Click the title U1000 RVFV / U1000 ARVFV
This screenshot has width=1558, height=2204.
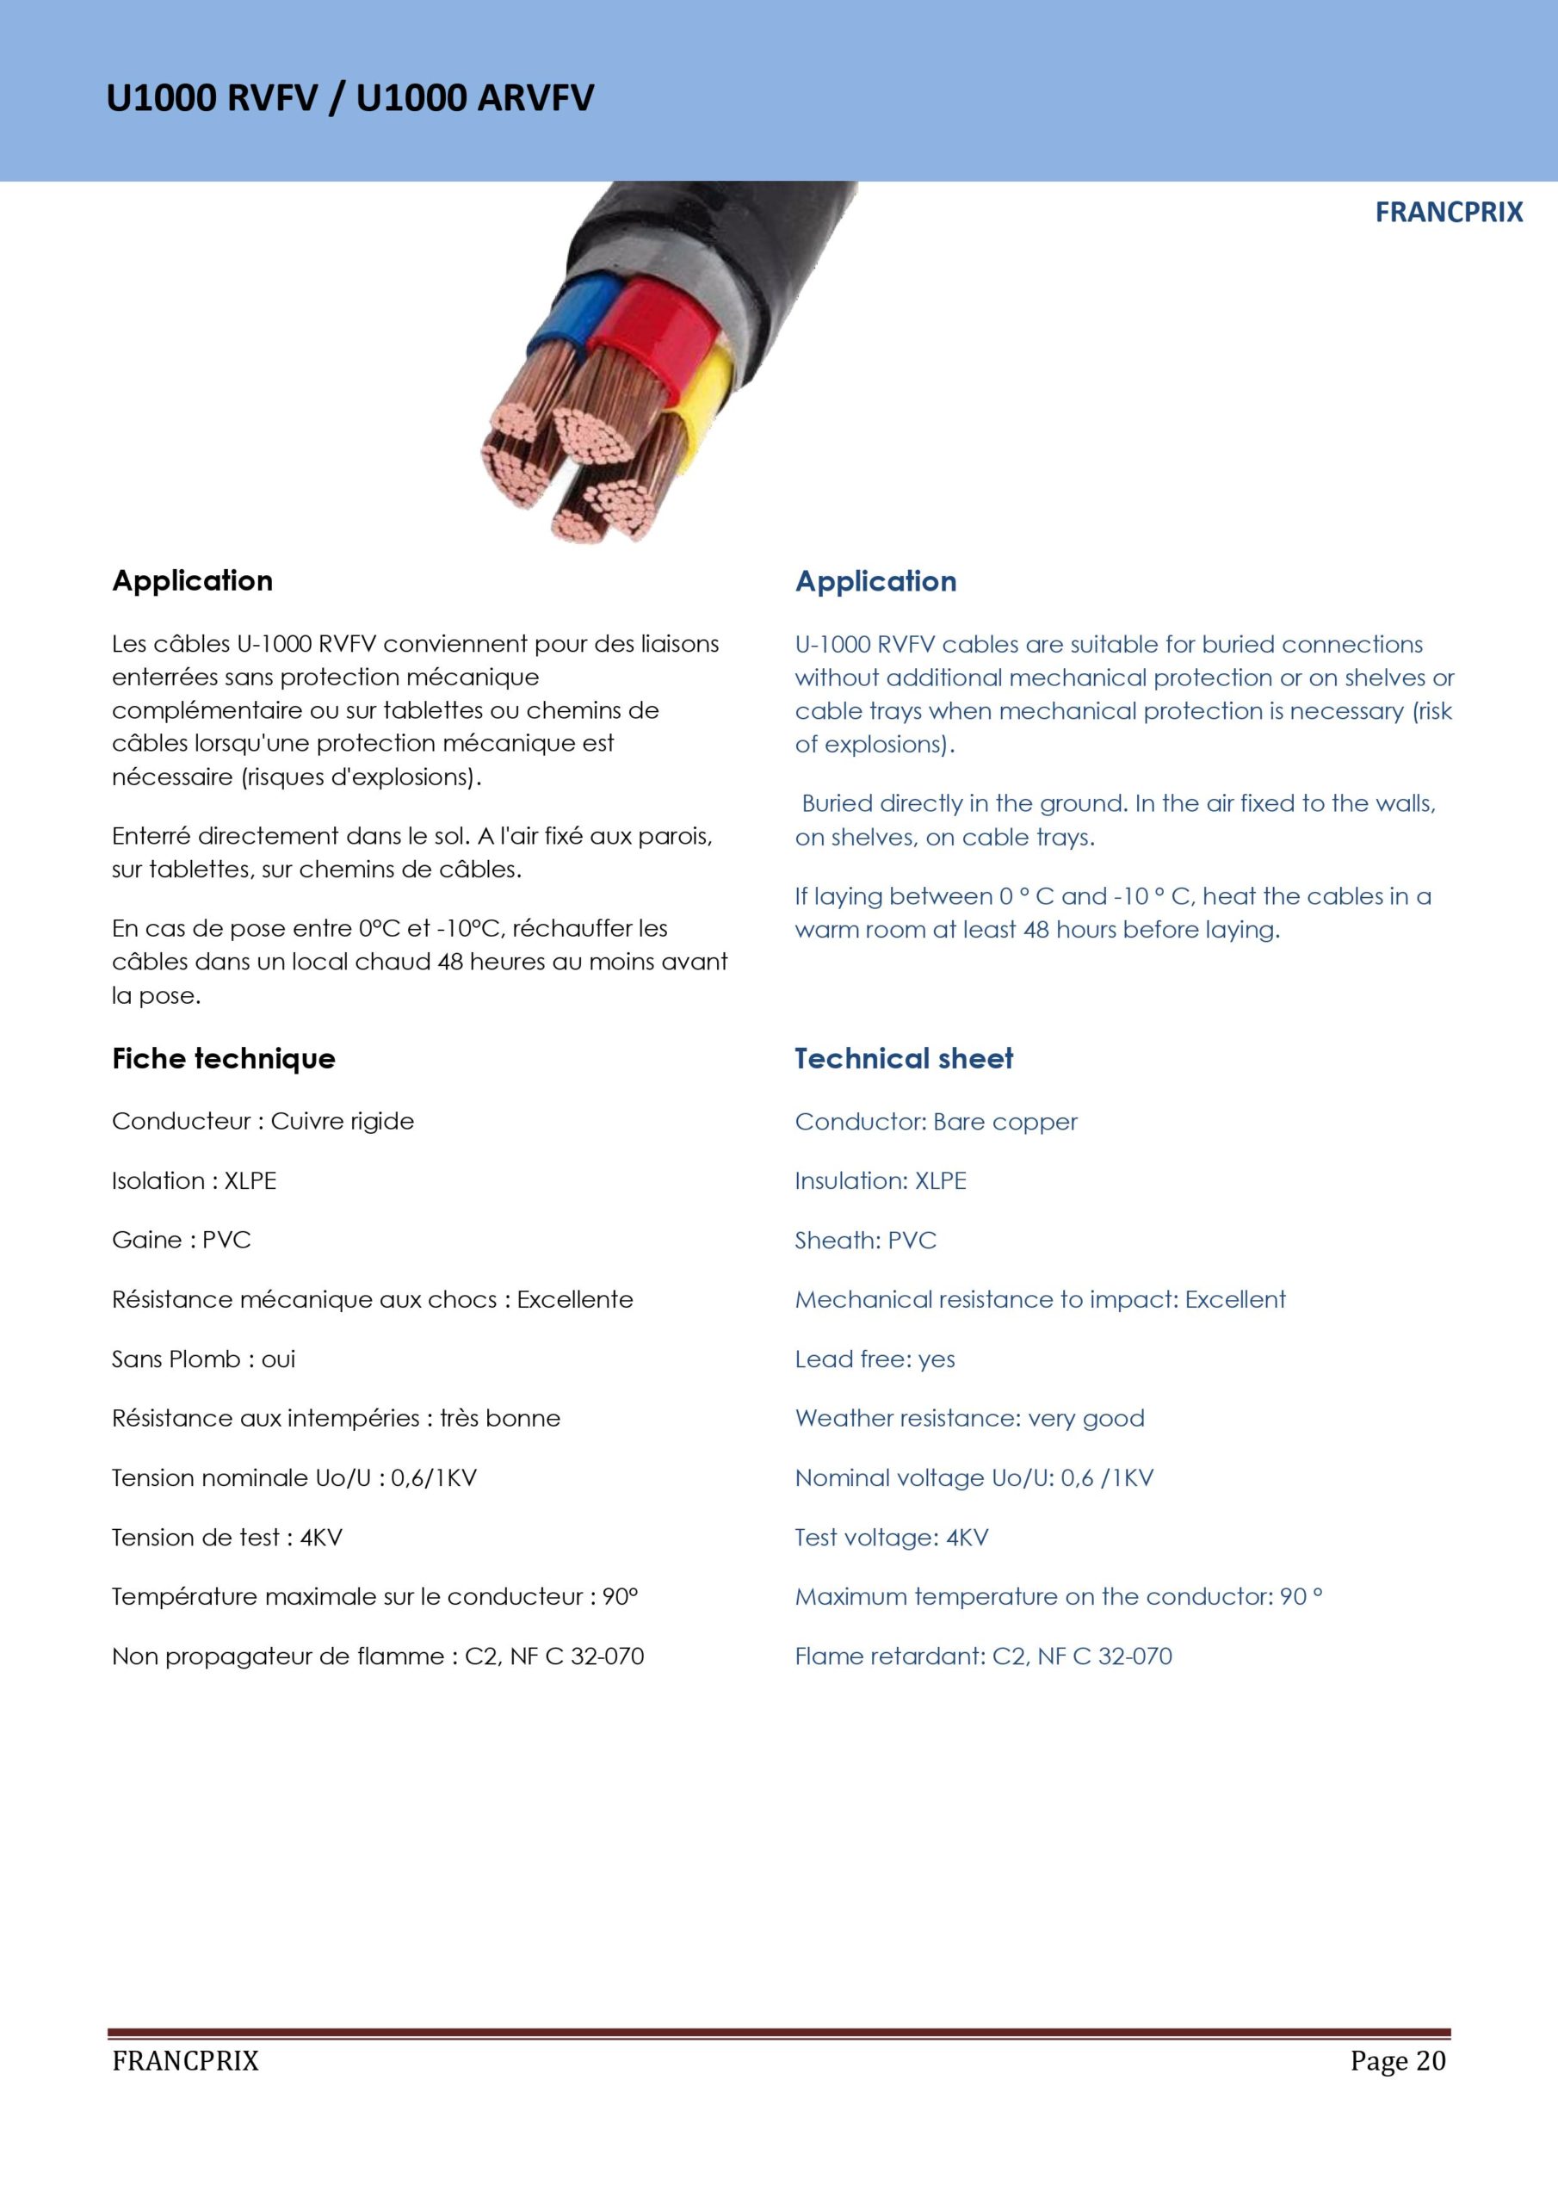[x=349, y=98]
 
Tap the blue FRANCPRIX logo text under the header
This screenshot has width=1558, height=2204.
[x=1448, y=212]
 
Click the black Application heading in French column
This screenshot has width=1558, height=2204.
[x=192, y=581]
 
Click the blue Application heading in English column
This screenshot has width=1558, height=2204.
[x=875, y=582]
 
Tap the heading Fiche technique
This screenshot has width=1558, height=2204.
[x=224, y=1059]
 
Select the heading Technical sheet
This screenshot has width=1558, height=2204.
[x=903, y=1059]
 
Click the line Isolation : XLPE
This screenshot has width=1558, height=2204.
[x=194, y=1180]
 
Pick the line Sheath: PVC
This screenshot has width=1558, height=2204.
[x=865, y=1241]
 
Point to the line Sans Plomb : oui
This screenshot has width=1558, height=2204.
[x=203, y=1359]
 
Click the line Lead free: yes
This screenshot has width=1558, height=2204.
[x=875, y=1359]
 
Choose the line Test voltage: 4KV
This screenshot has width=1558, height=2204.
[x=891, y=1538]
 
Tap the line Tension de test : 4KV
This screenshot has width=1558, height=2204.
[x=226, y=1538]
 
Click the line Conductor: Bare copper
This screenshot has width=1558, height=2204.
[x=936, y=1122]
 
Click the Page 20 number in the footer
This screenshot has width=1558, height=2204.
[x=1397, y=2061]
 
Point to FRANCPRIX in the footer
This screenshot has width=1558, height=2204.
[x=185, y=2061]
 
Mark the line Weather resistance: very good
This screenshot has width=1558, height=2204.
[x=969, y=1419]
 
